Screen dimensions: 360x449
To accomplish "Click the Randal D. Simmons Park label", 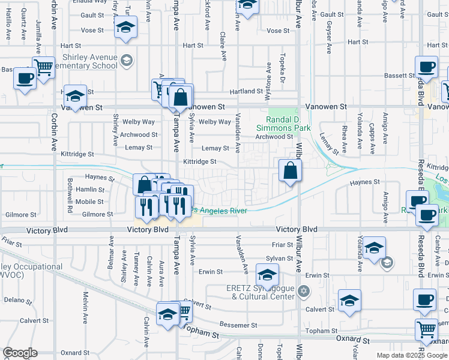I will [x=283, y=124].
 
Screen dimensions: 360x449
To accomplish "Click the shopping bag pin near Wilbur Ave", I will [x=290, y=171].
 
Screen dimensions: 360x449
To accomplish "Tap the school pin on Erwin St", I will [x=267, y=275].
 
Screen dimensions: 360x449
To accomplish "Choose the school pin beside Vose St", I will [x=125, y=27].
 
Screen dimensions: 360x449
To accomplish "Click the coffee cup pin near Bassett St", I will [x=427, y=67].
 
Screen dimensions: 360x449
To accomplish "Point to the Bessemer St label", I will [x=238, y=325].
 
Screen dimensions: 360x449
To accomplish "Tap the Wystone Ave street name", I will [x=267, y=84].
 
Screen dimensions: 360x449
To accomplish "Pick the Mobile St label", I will [x=89, y=202].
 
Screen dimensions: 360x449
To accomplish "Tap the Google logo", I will [x=20, y=353].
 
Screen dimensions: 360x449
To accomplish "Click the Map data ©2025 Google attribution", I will [x=411, y=355].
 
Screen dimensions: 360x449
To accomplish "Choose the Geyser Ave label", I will [x=328, y=37].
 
